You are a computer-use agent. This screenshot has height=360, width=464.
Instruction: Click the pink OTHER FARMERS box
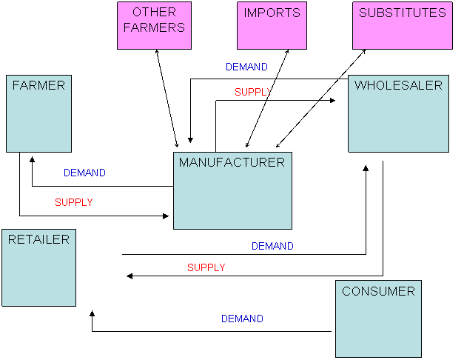click(154, 26)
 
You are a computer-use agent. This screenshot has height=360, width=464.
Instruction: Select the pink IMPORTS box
click(272, 26)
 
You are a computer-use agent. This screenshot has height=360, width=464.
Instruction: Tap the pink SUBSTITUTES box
click(402, 26)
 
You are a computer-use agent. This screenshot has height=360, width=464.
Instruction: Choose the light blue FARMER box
click(38, 113)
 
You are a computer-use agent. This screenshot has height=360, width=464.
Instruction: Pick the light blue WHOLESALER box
click(398, 113)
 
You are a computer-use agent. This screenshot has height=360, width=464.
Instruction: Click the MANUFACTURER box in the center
click(232, 191)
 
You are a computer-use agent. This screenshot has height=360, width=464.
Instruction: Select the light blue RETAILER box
click(38, 267)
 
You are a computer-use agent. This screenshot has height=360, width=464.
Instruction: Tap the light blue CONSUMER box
click(378, 319)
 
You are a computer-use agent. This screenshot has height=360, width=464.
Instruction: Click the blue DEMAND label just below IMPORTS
click(246, 67)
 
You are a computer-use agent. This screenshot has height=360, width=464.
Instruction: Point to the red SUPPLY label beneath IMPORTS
click(252, 93)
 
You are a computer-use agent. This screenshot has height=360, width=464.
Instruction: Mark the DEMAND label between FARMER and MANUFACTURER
click(84, 173)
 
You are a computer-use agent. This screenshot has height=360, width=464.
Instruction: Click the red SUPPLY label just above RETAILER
click(74, 202)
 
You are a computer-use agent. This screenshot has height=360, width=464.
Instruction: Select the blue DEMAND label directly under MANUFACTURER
click(272, 246)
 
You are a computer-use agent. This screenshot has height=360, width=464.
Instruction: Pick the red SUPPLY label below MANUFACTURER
click(206, 267)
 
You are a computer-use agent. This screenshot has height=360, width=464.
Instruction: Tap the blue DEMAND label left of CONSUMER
click(242, 319)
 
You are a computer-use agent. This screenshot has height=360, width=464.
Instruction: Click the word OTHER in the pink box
click(154, 13)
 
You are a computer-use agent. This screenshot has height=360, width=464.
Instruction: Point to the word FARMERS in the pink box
click(154, 27)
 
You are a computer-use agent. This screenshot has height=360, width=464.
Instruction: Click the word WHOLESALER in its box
click(398, 85)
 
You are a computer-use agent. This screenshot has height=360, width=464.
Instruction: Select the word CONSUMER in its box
click(378, 291)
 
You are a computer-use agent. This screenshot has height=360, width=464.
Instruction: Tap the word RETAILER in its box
click(38, 239)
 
